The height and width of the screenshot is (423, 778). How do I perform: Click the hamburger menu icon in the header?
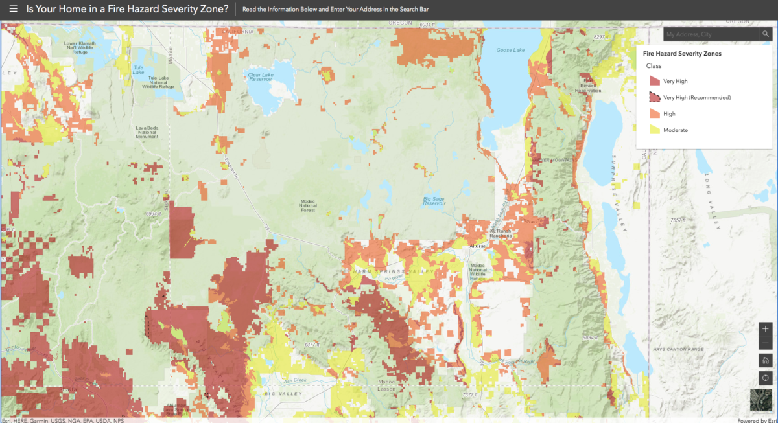pyautogui.click(x=13, y=10)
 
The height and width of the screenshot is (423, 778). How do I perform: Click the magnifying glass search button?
pyautogui.click(x=765, y=34)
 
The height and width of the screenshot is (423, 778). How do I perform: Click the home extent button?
pyautogui.click(x=765, y=361)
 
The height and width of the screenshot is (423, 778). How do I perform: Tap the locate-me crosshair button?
pyautogui.click(x=765, y=378)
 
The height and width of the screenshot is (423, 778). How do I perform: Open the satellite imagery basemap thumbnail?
pyautogui.click(x=760, y=400)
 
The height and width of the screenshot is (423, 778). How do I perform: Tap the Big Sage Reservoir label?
pyautogui.click(x=434, y=201)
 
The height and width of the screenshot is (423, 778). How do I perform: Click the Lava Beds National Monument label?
pyautogui.click(x=147, y=132)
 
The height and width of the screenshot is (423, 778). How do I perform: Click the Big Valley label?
pyautogui.click(x=279, y=393)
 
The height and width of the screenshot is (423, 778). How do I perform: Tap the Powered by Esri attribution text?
pyautogui.click(x=757, y=420)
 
